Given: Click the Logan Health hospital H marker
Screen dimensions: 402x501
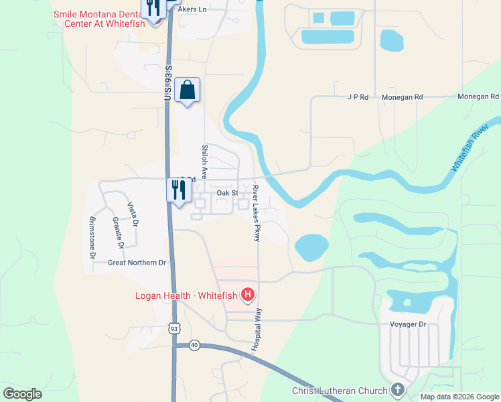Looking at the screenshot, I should [248, 294].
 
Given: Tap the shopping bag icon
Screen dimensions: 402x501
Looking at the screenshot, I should [188, 90].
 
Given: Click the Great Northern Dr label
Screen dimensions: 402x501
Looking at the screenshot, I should [137, 263].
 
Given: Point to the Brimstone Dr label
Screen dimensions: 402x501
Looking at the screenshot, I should [92, 237].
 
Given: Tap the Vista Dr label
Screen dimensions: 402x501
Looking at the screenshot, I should [134, 213].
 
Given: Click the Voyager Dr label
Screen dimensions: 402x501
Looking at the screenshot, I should [408, 324].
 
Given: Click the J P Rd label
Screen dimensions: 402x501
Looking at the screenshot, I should [358, 97].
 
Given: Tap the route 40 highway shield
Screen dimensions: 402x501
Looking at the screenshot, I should [194, 345].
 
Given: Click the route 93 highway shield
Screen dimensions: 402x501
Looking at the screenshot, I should [174, 328].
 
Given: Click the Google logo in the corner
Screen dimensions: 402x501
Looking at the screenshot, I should [23, 393].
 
